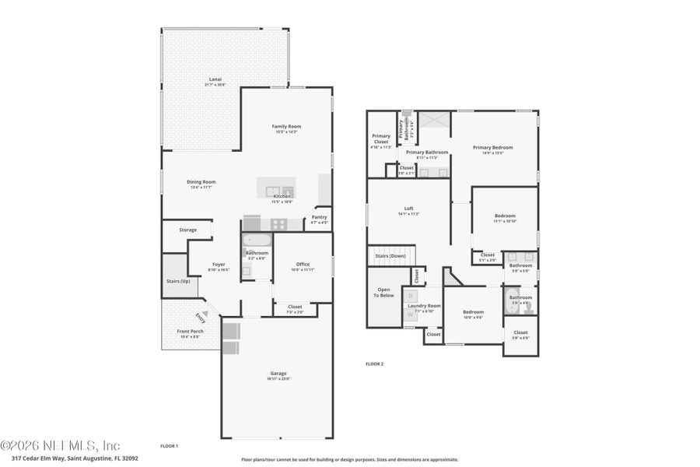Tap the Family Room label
point(286,126)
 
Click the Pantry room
point(319,219)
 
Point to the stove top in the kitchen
point(278,223)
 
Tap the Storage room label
point(187,230)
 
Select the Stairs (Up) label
point(178,281)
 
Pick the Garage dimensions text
point(279,379)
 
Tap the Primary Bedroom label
point(493,147)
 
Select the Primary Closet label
point(381,139)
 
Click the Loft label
point(408,208)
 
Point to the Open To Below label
point(384,293)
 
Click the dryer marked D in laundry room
point(411,296)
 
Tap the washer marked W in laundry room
point(411,314)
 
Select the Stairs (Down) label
point(390,255)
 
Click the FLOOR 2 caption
point(375,363)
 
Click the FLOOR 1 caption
point(170,446)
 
